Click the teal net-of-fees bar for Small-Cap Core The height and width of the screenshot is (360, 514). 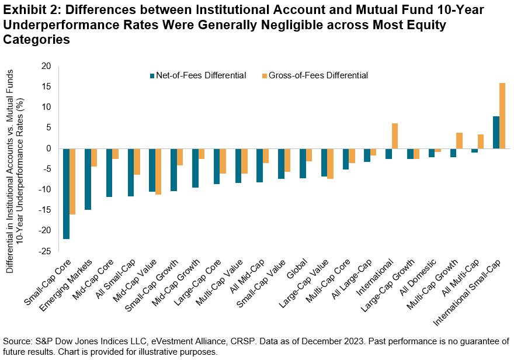tap(67, 193)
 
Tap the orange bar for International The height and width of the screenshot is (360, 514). tap(395, 136)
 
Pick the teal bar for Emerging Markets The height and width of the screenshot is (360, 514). tap(88, 179)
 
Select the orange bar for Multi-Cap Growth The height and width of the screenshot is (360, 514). tap(459, 140)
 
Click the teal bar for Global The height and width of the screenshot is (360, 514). tap(303, 163)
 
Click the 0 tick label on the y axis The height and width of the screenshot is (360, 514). tap(49, 148)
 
